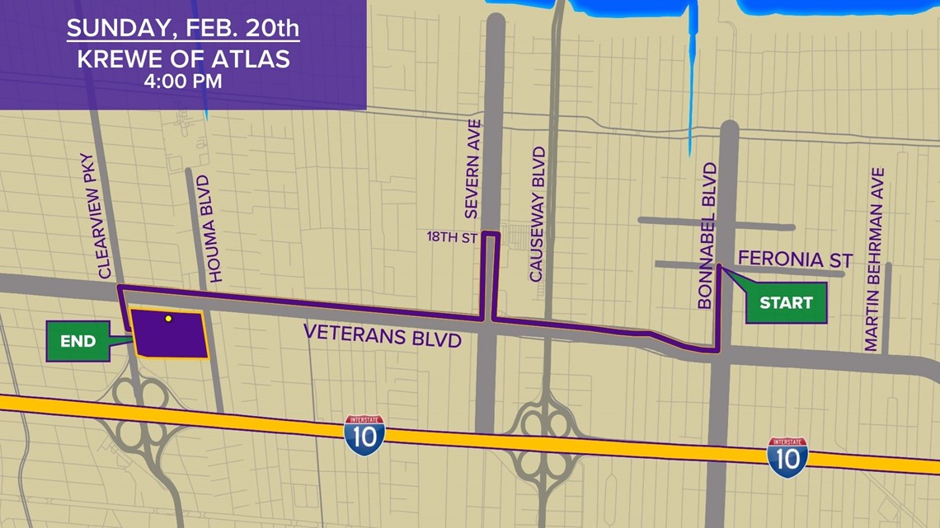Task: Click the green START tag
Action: click(x=786, y=303)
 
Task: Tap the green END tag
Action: click(x=78, y=341)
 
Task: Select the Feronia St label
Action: click(x=795, y=259)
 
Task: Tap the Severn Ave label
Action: click(x=472, y=169)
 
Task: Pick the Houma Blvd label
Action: click(x=215, y=229)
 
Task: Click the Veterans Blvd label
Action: click(x=382, y=334)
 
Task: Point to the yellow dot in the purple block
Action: click(x=168, y=318)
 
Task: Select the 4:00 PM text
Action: click(x=183, y=82)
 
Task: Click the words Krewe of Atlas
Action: click(x=183, y=59)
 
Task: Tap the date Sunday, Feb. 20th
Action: click(x=183, y=29)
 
